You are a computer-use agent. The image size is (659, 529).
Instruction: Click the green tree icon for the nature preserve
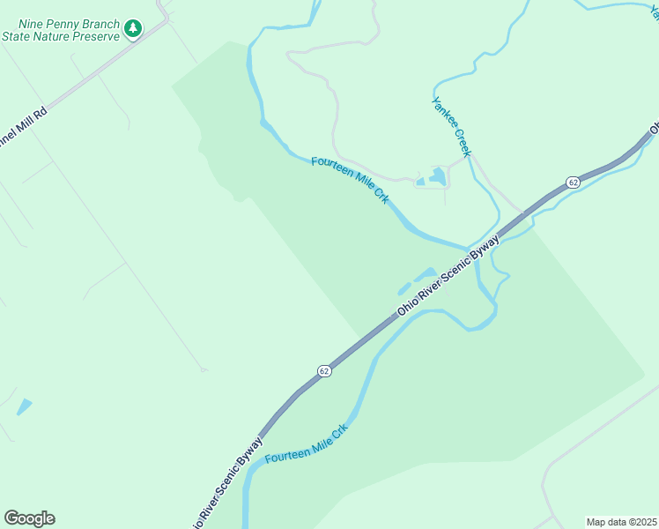[x=133, y=29]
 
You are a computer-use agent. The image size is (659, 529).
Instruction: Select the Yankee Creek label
[x=452, y=126]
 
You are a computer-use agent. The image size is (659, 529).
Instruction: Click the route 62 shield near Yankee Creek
[x=573, y=182]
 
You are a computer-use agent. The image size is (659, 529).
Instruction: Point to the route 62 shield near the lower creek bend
[x=324, y=371]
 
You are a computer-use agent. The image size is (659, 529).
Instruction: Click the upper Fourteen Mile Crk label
[x=350, y=180]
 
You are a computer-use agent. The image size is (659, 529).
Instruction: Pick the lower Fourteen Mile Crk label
[x=307, y=445]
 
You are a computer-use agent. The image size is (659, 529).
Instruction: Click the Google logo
[x=29, y=518]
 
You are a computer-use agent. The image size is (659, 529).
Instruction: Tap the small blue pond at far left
[x=24, y=406]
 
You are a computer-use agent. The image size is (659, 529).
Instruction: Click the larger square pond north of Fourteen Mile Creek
[x=437, y=176]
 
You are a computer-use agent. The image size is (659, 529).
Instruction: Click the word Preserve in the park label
[x=92, y=36]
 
